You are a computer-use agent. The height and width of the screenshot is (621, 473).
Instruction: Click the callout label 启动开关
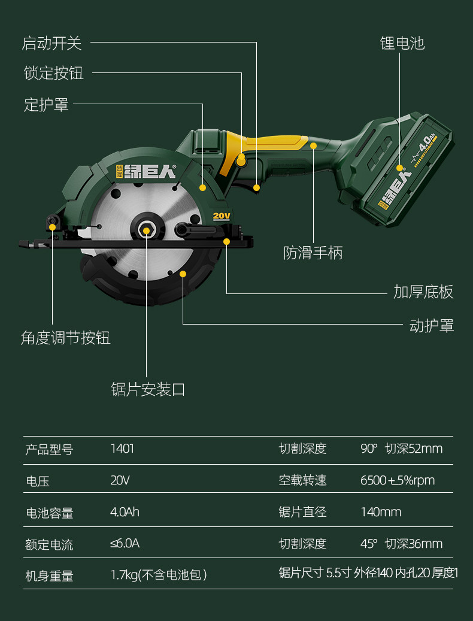point(51,43)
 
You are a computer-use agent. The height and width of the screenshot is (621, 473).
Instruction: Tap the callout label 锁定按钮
point(53,73)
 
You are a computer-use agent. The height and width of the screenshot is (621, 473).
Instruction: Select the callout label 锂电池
point(402,43)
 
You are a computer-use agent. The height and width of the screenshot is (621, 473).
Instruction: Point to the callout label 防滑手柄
point(313,253)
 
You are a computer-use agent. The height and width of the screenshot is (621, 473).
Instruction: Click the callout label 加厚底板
point(423,292)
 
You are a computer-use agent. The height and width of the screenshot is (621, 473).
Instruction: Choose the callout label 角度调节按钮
point(66,338)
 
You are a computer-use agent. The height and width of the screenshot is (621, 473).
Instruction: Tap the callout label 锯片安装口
point(148,389)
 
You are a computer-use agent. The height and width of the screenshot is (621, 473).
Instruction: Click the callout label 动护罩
point(431,326)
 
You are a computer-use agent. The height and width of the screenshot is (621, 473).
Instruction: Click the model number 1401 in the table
point(122,449)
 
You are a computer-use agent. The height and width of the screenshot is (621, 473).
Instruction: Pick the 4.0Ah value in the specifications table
point(125,512)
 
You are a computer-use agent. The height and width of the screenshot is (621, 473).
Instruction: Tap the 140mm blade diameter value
point(381,512)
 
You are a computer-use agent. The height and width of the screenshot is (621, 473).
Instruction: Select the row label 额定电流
point(49,544)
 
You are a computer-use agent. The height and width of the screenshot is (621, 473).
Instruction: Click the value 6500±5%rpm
point(397,480)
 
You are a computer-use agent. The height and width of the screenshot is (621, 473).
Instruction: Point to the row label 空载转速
point(302,480)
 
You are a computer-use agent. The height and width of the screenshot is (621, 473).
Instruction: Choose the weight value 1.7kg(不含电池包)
point(159,575)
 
